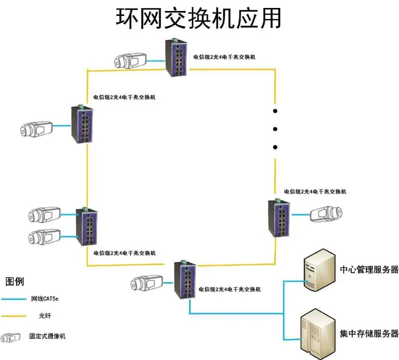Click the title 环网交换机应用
point(199,18)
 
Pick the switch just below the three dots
point(277,217)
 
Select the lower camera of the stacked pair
point(44,236)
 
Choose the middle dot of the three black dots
point(274,129)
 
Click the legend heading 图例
point(14,282)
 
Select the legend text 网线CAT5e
point(48,299)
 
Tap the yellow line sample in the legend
point(14,316)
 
